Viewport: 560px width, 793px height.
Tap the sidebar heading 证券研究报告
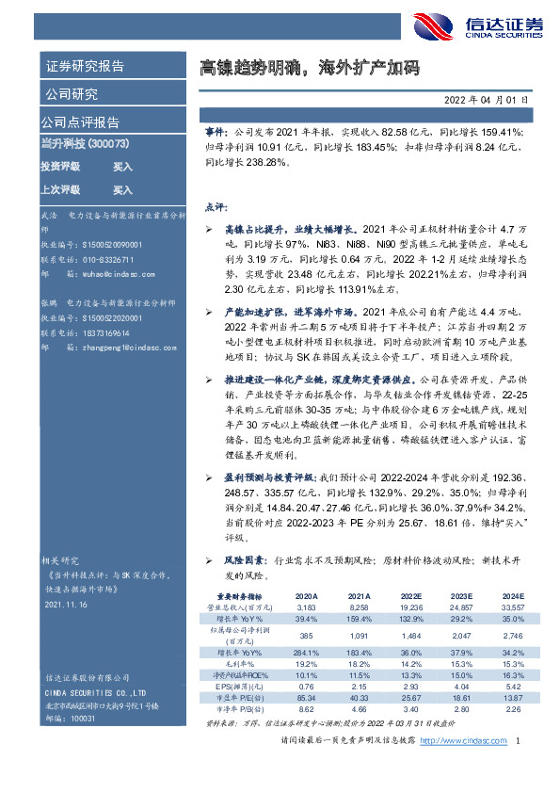point(85,66)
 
